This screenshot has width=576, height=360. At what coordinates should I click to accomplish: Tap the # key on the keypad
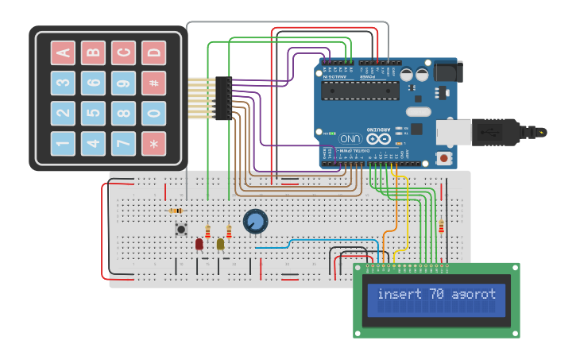153,83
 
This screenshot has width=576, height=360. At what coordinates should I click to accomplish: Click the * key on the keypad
153,144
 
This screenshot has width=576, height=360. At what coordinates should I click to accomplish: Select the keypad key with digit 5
93,114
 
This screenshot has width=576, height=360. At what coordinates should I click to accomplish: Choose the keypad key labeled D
153,53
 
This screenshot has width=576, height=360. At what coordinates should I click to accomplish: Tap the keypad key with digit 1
63,144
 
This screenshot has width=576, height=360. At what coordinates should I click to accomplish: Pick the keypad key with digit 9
123,83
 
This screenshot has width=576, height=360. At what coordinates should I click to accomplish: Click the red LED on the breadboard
199,244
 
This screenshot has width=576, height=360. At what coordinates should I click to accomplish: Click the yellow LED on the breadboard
221,244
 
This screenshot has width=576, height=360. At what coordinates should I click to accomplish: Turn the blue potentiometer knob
255,221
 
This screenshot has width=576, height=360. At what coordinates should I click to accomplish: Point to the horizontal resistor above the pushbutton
176,211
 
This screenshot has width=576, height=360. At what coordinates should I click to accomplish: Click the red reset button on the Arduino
443,158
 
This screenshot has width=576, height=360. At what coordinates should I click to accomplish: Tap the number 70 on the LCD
436,294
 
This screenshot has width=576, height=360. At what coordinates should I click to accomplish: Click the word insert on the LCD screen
400,294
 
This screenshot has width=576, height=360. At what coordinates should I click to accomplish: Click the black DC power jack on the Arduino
446,72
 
